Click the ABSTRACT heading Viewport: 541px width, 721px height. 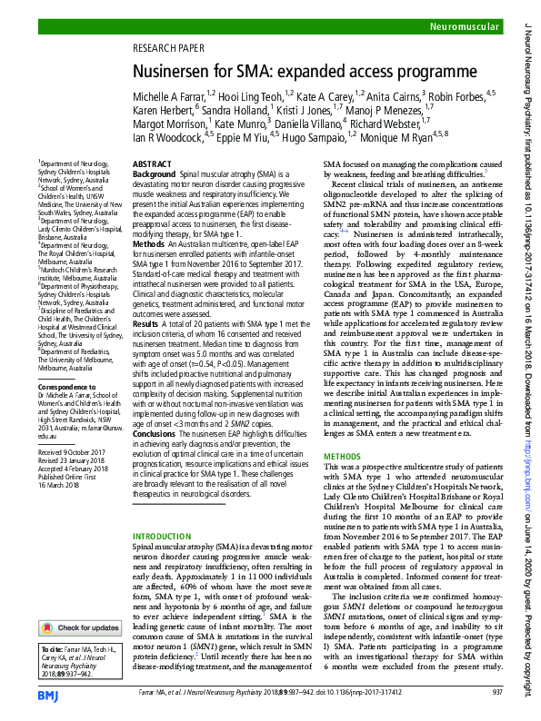(x=152, y=163)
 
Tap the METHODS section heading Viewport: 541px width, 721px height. (x=343, y=455)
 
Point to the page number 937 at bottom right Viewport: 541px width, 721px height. (x=496, y=691)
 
